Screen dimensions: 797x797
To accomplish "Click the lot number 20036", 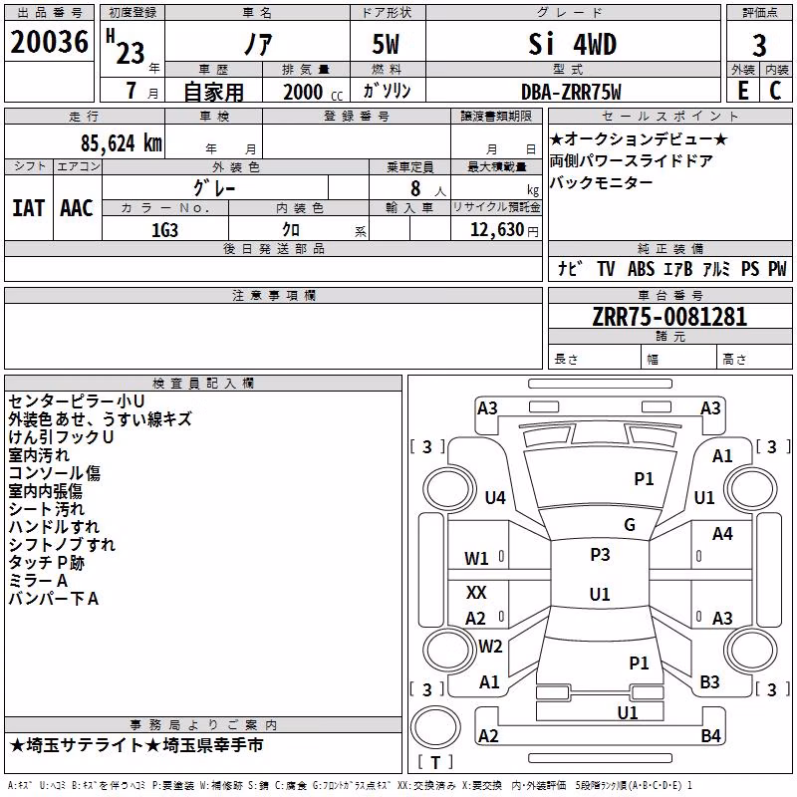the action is (x=49, y=42).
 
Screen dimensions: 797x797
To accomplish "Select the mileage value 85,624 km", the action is (x=122, y=143).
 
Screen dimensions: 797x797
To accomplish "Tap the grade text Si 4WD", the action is (x=572, y=44).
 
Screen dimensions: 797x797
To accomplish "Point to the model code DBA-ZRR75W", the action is (x=571, y=92).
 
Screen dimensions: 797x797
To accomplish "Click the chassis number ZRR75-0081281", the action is (x=669, y=317).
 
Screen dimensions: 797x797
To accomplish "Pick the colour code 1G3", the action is (x=164, y=230).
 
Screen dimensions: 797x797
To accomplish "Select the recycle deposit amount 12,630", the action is (x=496, y=230).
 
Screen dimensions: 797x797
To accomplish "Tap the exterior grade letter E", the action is (x=743, y=91).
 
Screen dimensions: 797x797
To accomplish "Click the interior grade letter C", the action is (x=775, y=91).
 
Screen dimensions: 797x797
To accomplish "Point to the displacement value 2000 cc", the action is (x=313, y=93).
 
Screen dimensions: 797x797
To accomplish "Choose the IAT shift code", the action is (x=28, y=208).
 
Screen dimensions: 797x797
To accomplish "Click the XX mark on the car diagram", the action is (x=476, y=592).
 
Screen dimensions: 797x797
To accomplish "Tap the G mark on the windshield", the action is (x=630, y=524).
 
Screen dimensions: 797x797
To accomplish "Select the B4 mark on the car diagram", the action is (x=710, y=735).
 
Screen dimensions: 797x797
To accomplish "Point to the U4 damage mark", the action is (x=495, y=497).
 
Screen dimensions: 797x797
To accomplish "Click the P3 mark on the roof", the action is (x=600, y=554).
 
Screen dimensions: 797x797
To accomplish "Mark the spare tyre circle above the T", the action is (x=435, y=727).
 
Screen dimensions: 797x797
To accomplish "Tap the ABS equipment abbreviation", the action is (x=641, y=268).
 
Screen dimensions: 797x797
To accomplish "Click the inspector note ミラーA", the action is (x=38, y=581).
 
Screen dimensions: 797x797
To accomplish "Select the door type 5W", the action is (x=386, y=44).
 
